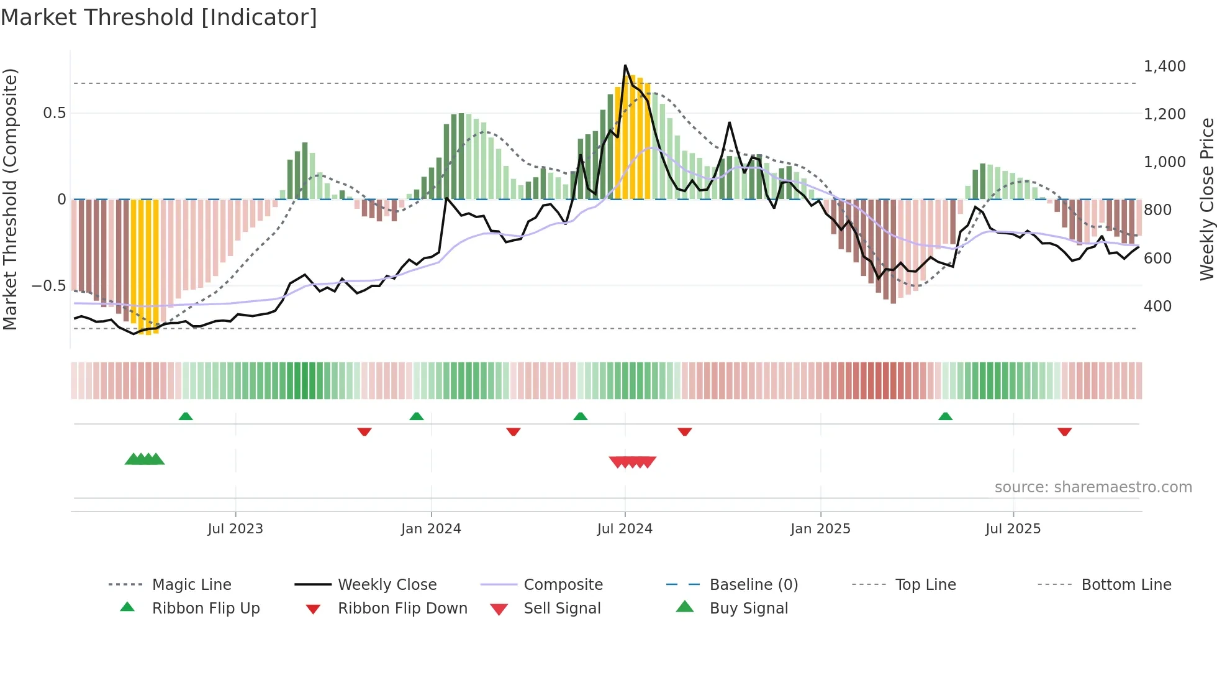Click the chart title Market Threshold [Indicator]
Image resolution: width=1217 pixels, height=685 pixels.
point(159,17)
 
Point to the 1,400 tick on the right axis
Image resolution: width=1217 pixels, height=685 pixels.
point(1164,67)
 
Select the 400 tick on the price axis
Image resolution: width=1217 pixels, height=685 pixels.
point(1157,306)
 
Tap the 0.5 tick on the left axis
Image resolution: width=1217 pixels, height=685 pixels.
point(54,113)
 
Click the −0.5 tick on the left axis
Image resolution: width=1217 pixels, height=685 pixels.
point(48,286)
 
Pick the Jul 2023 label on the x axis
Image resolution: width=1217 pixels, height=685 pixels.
point(235,529)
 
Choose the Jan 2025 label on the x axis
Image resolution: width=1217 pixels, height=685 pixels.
point(820,529)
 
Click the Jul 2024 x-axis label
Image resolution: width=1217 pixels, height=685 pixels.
point(625,529)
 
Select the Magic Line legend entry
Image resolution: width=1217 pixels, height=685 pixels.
point(191,585)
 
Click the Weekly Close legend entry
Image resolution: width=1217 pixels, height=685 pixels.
point(387,585)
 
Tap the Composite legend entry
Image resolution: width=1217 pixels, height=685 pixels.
point(563,585)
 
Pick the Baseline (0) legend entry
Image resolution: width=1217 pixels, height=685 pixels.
point(753,585)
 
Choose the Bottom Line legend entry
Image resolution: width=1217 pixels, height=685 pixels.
point(1126,585)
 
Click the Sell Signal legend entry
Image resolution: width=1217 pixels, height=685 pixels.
point(562,609)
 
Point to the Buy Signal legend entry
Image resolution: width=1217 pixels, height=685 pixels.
point(748,609)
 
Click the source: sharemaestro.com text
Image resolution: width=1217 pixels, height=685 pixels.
point(1093,487)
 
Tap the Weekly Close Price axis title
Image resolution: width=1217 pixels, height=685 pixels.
point(1206,199)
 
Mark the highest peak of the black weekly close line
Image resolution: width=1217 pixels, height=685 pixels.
point(625,65)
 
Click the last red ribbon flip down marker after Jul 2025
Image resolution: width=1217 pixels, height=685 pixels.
point(1064,431)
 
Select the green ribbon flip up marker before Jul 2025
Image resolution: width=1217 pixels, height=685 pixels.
point(945,416)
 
